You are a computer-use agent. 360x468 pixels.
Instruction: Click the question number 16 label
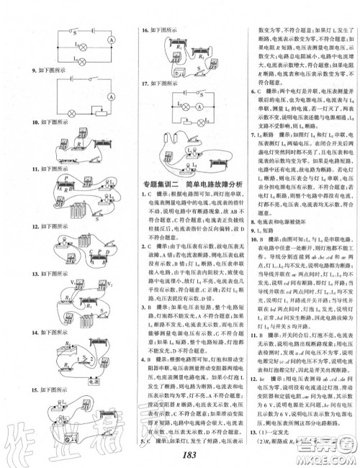pyautogui.click(x=144, y=31)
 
